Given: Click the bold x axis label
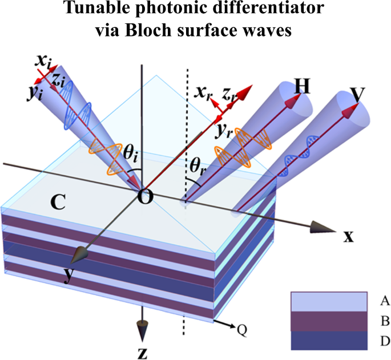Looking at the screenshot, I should [348, 236].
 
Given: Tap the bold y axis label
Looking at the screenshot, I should [68, 275].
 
